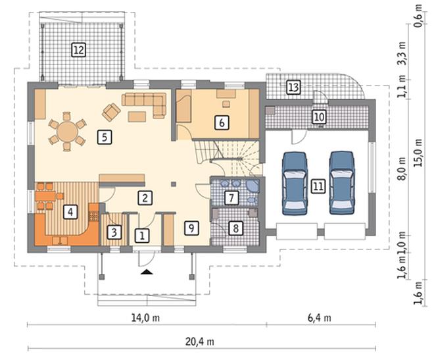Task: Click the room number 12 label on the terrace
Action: [79, 50]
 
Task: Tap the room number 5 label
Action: [105, 137]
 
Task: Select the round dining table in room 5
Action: [67, 132]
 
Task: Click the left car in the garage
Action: [295, 184]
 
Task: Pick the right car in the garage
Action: [342, 183]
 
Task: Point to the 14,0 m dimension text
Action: [145, 318]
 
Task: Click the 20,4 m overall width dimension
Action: [199, 342]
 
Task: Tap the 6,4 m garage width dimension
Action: [319, 318]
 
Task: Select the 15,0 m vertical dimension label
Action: [418, 153]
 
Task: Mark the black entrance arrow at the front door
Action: [147, 272]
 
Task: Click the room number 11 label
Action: [318, 186]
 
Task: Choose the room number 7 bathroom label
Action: [231, 197]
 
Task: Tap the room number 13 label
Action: [293, 88]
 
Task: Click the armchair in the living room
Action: [111, 112]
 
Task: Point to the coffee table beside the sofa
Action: [137, 116]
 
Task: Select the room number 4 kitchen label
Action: [70, 212]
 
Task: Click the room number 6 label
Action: [222, 122]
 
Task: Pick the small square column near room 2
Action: [174, 184]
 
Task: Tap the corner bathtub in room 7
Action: [253, 186]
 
